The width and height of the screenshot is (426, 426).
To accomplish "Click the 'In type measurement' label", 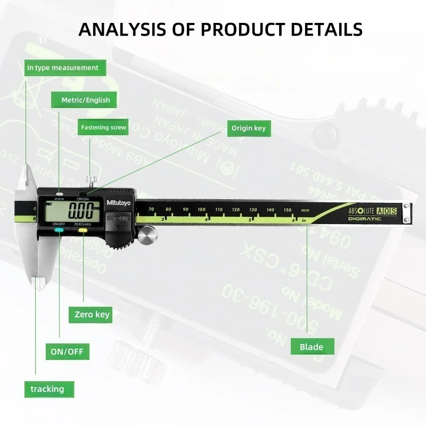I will [x=63, y=68].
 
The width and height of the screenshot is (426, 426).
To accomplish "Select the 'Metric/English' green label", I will [x=85, y=100].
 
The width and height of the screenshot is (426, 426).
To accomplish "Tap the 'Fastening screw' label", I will [x=103, y=127].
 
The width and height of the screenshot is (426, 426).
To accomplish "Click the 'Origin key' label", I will [x=248, y=128].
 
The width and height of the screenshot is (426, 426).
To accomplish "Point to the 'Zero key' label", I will [x=92, y=314].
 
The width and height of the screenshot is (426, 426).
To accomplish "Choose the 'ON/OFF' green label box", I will [x=67, y=351].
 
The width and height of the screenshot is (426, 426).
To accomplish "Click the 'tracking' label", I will [x=47, y=389].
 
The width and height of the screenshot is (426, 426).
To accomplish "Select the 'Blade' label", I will [x=312, y=347].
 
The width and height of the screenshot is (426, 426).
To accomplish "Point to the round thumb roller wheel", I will [x=148, y=234].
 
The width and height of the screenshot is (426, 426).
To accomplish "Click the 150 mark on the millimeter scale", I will [x=288, y=210].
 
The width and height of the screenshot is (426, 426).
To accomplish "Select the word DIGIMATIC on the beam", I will [x=365, y=219].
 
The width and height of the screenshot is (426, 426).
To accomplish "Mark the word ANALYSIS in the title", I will [x=122, y=29].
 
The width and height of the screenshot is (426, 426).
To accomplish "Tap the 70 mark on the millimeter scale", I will [x=151, y=210].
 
